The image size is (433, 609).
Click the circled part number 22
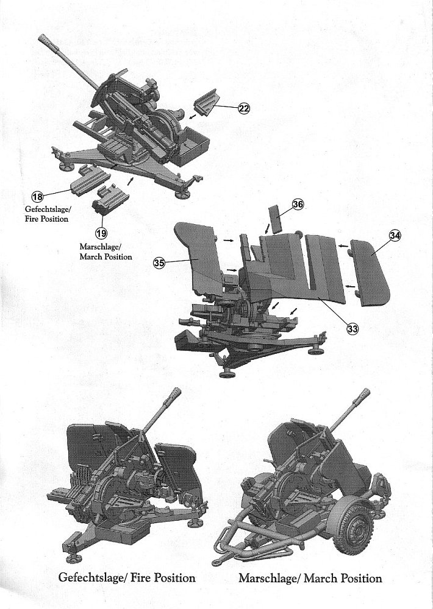coord(243,108)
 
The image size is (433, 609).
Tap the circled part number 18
coord(37,196)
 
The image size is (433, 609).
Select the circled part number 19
coord(102,231)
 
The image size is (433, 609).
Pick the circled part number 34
coord(395,235)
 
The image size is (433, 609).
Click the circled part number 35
coord(159,262)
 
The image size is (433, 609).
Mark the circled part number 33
coord(352,329)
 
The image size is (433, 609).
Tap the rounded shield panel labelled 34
coord(371,271)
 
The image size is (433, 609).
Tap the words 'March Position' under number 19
coord(106,256)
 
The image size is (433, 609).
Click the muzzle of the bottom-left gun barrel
coord(175,393)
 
